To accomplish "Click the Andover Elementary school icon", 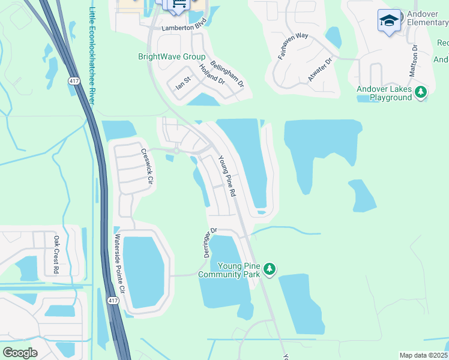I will click(389, 21).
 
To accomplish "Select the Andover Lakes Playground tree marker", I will click(421, 92).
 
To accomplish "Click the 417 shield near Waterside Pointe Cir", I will click(113, 299).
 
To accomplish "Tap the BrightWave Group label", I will click(172, 57).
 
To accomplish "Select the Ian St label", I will click(182, 83).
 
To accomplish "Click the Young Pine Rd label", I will click(227, 176).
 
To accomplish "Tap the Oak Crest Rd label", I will click(55, 254).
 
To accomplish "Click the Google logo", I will click(20, 352).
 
